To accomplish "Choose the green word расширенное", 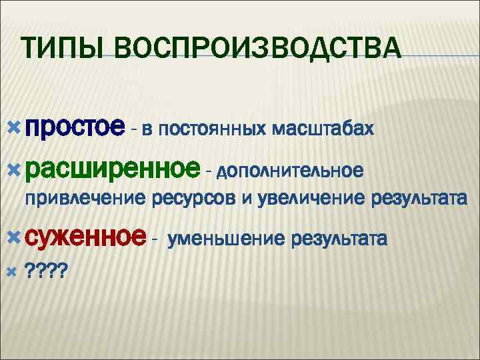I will coord(113,170).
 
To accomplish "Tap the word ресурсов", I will coord(194,199).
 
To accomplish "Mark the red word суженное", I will coord(85,236).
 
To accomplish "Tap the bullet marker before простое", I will coord(17,127).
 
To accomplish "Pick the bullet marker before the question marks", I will coord(17,271).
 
